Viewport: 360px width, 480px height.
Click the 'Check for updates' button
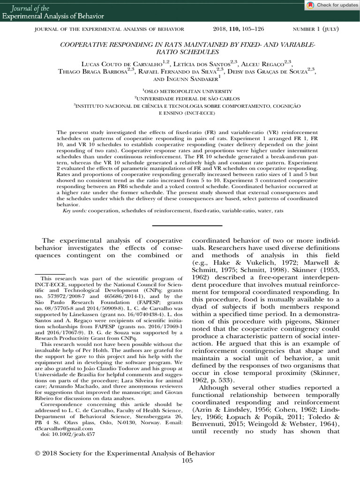click(x=332, y=5)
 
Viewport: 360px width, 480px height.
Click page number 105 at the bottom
click(x=187, y=461)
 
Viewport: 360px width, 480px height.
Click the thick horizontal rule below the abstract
click(x=187, y=226)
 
